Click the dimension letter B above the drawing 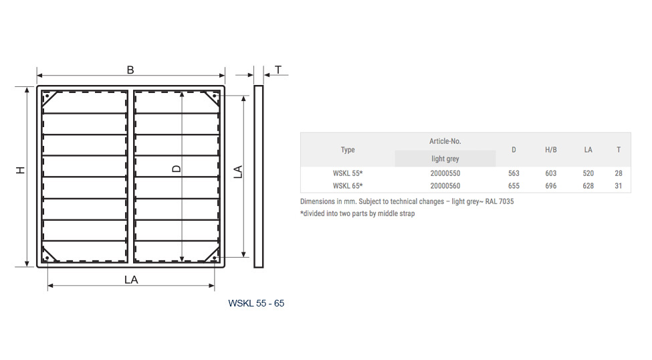[x=130, y=70]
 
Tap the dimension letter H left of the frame [x=21, y=170]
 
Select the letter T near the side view [x=278, y=70]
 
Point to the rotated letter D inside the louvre [x=177, y=169]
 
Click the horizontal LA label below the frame [x=131, y=280]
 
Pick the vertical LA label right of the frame [x=238, y=172]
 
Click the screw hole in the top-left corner [x=47, y=96]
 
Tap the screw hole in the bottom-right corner [x=214, y=258]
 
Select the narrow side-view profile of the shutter [x=258, y=177]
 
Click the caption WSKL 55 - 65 [x=256, y=303]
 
